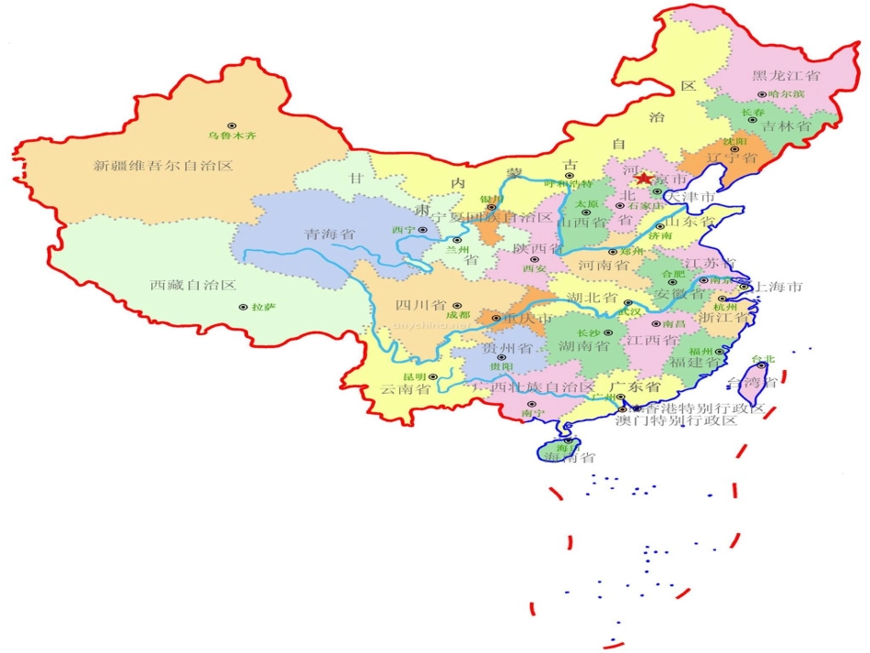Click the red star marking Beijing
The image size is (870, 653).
[644, 179]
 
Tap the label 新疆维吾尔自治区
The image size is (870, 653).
[164, 166]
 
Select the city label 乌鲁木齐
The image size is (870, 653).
[232, 136]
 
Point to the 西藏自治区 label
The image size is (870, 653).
[193, 285]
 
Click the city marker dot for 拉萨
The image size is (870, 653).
[243, 308]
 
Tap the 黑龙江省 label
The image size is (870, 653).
[786, 75]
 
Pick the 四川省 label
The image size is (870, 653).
[420, 305]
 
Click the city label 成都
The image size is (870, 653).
[457, 315]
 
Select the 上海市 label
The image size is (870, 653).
[778, 287]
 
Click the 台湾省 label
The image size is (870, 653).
[751, 382]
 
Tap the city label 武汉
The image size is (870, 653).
[630, 312]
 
